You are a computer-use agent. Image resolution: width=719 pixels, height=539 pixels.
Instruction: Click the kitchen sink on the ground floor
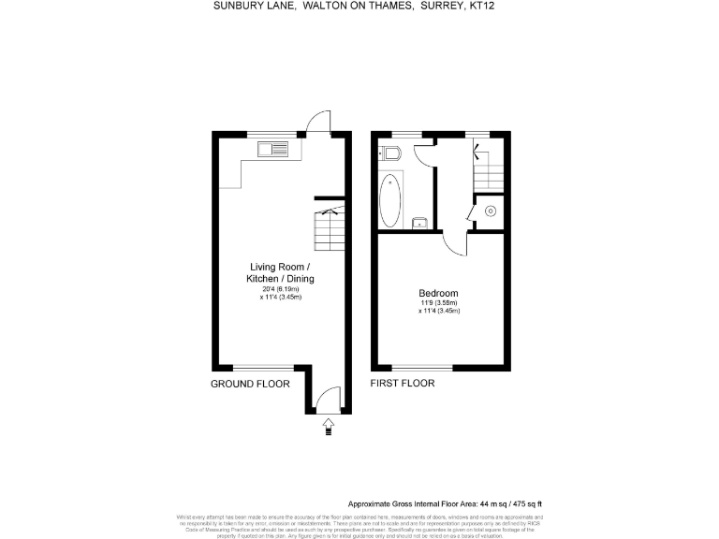(277, 147)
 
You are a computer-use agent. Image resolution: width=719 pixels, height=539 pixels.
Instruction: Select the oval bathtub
(389, 197)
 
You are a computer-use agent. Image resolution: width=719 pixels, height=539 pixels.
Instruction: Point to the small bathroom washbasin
(420, 223)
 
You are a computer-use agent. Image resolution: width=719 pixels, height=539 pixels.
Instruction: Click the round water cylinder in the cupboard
(491, 211)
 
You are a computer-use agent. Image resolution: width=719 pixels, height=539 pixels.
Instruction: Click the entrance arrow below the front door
(328, 427)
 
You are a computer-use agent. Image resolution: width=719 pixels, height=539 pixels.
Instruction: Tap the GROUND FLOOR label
(250, 384)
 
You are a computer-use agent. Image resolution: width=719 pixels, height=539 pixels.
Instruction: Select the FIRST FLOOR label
(403, 384)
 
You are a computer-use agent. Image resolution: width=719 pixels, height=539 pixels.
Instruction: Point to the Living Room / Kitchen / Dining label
(280, 273)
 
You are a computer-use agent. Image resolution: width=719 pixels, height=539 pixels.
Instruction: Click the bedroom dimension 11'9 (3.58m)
(439, 303)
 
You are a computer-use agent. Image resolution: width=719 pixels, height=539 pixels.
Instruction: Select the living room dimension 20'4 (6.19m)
(280, 289)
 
